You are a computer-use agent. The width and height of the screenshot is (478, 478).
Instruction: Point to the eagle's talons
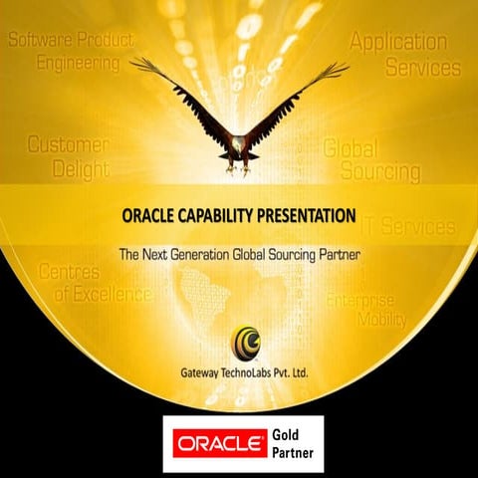click(237, 169)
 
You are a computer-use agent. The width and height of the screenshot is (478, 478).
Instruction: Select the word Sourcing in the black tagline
click(296, 255)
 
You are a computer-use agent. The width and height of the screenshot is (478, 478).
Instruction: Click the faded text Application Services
click(403, 55)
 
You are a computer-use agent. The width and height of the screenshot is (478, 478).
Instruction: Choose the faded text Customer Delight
click(68, 156)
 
